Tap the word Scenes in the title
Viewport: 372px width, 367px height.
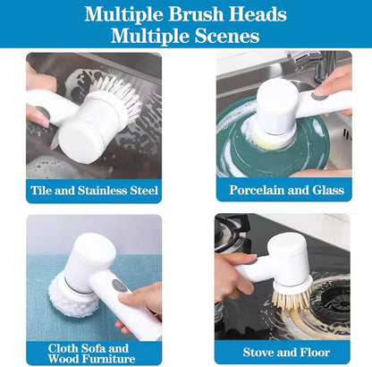pos(224,37)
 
